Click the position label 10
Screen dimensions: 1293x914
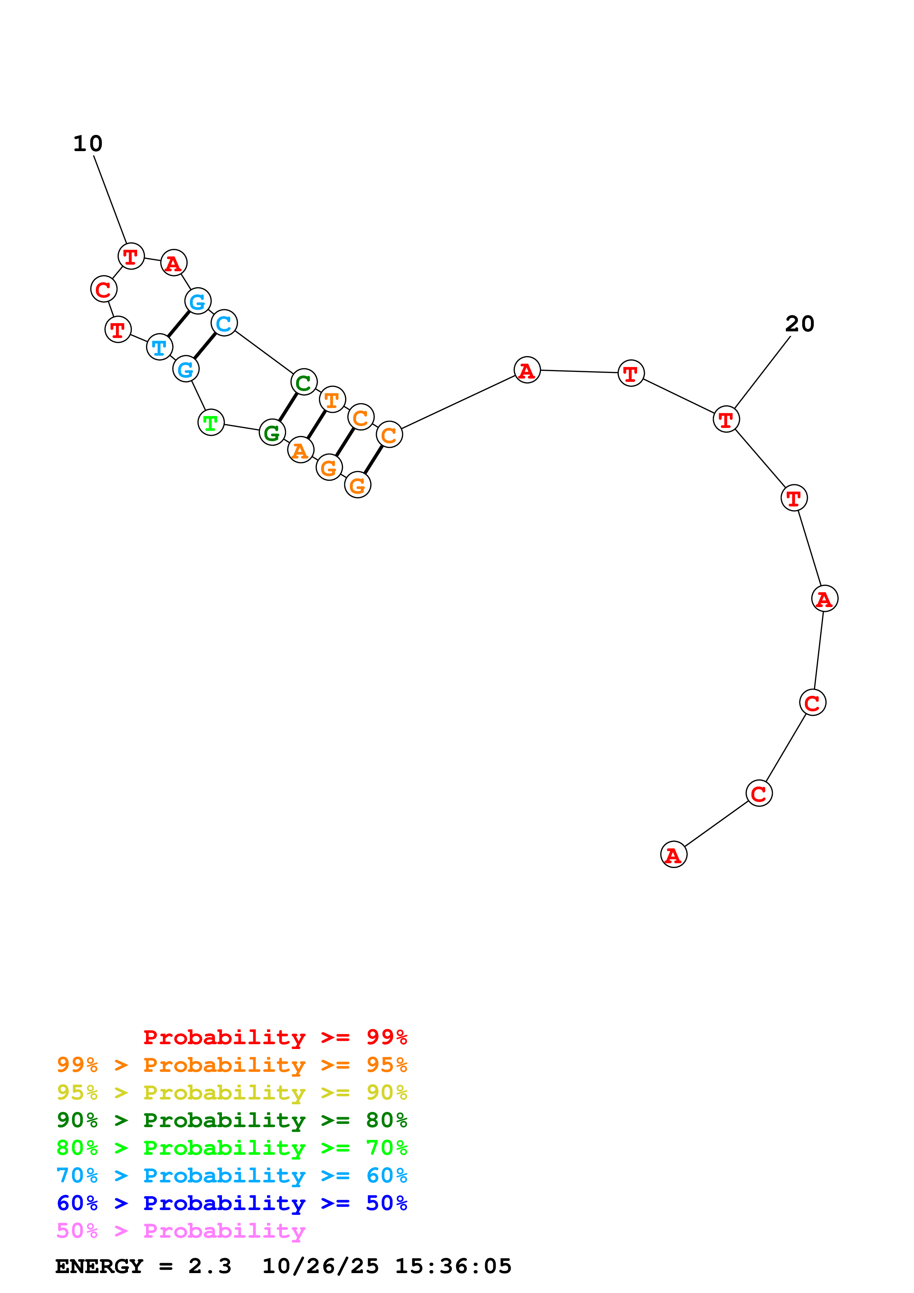(x=88, y=144)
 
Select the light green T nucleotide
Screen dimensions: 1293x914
(x=211, y=422)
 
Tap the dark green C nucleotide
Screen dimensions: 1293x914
(x=303, y=383)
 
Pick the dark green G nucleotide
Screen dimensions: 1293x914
(x=272, y=432)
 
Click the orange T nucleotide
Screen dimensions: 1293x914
(x=332, y=400)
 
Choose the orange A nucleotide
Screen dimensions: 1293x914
(x=300, y=450)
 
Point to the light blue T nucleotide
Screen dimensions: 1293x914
(x=159, y=347)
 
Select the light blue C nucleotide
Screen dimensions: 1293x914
(x=224, y=323)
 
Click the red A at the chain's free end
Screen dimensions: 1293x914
(x=674, y=854)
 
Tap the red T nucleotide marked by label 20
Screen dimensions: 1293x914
(x=726, y=419)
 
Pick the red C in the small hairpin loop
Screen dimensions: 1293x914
(x=104, y=289)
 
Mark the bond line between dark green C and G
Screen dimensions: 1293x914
(x=288, y=408)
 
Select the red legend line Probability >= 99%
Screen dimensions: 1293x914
(x=275, y=1037)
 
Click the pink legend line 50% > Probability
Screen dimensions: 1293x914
(x=180, y=1231)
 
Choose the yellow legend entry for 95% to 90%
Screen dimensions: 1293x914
(x=232, y=1092)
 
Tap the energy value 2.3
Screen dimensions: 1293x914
(x=209, y=1266)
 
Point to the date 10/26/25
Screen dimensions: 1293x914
(x=320, y=1266)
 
